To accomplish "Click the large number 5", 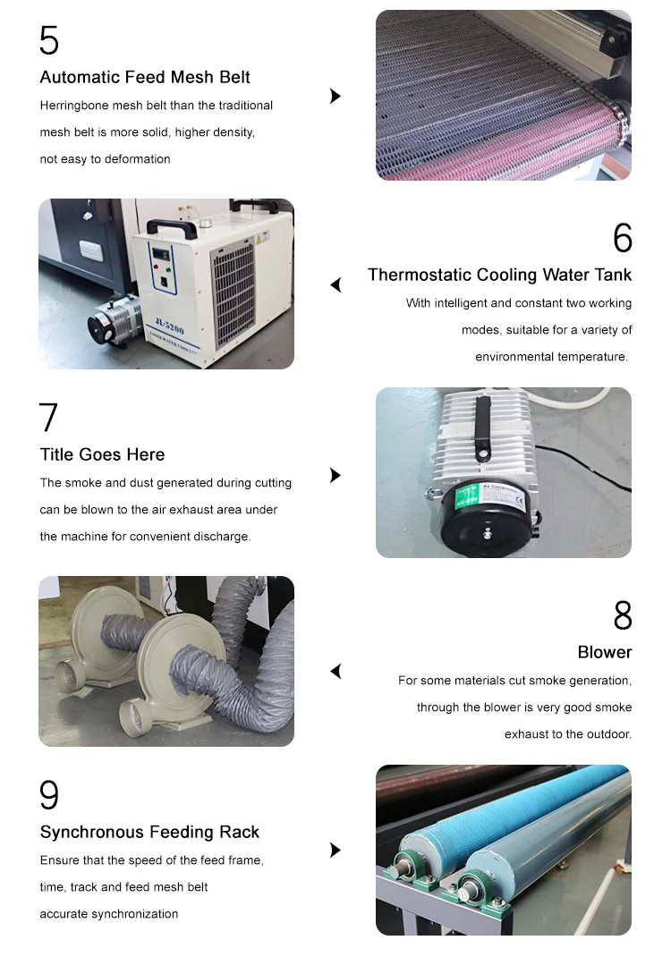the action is (x=49, y=40).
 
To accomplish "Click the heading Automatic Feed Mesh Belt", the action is (x=145, y=77).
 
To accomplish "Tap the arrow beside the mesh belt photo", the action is (x=335, y=96).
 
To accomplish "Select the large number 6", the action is (x=622, y=237).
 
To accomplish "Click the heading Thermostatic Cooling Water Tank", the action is (x=499, y=275).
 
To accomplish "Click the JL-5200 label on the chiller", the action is (x=169, y=326).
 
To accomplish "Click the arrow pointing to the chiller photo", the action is (x=335, y=285).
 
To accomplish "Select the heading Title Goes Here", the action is (x=102, y=454).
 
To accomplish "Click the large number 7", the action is (x=48, y=418).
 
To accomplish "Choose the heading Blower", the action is (x=605, y=652).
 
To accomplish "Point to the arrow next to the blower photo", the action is (x=335, y=672).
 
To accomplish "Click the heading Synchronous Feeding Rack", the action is (x=149, y=832).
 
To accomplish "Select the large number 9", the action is (x=49, y=794).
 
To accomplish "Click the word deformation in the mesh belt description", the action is (x=137, y=158).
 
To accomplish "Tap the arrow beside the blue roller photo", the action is (x=335, y=850).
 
